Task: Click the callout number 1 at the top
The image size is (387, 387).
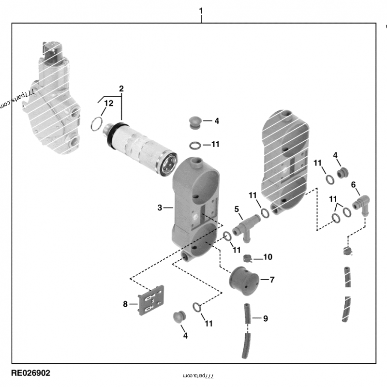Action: pyautogui.click(x=201, y=11)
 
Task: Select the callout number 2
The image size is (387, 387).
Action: pyautogui.click(x=121, y=89)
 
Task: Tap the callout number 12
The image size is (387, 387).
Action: pyautogui.click(x=109, y=104)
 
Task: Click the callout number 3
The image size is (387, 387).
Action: pyautogui.click(x=160, y=208)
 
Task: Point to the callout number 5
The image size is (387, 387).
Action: pyautogui.click(x=237, y=209)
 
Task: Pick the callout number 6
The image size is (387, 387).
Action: pyautogui.click(x=353, y=184)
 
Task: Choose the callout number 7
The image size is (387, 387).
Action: pyautogui.click(x=272, y=280)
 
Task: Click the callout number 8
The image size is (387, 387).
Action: pyautogui.click(x=125, y=304)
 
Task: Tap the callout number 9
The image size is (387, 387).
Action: pyautogui.click(x=265, y=318)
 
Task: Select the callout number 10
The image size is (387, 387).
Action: pyautogui.click(x=268, y=257)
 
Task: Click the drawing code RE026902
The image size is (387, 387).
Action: pyautogui.click(x=30, y=373)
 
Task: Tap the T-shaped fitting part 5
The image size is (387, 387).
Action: pyautogui.click(x=245, y=226)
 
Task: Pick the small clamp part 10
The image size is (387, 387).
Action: pyautogui.click(x=249, y=258)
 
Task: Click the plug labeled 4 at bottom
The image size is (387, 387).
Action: pyautogui.click(x=180, y=316)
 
